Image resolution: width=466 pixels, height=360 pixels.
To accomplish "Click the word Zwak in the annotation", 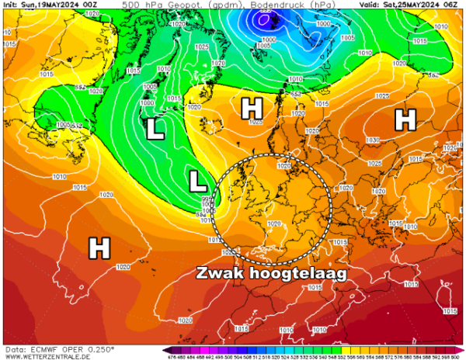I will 220,274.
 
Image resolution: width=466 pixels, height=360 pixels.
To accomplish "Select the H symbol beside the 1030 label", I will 404,119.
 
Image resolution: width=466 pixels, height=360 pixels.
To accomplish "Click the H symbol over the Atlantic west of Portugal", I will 99,248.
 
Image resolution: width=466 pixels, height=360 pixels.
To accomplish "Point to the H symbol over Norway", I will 252,109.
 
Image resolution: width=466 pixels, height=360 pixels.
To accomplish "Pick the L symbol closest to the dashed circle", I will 199,182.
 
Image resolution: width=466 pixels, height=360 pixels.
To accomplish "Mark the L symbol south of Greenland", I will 155,130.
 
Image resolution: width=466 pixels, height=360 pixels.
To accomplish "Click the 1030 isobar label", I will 374,140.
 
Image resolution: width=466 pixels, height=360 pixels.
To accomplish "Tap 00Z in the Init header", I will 91,5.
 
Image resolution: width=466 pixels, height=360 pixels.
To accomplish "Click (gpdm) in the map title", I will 197,5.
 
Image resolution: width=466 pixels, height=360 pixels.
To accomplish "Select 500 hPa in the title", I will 139,5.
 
